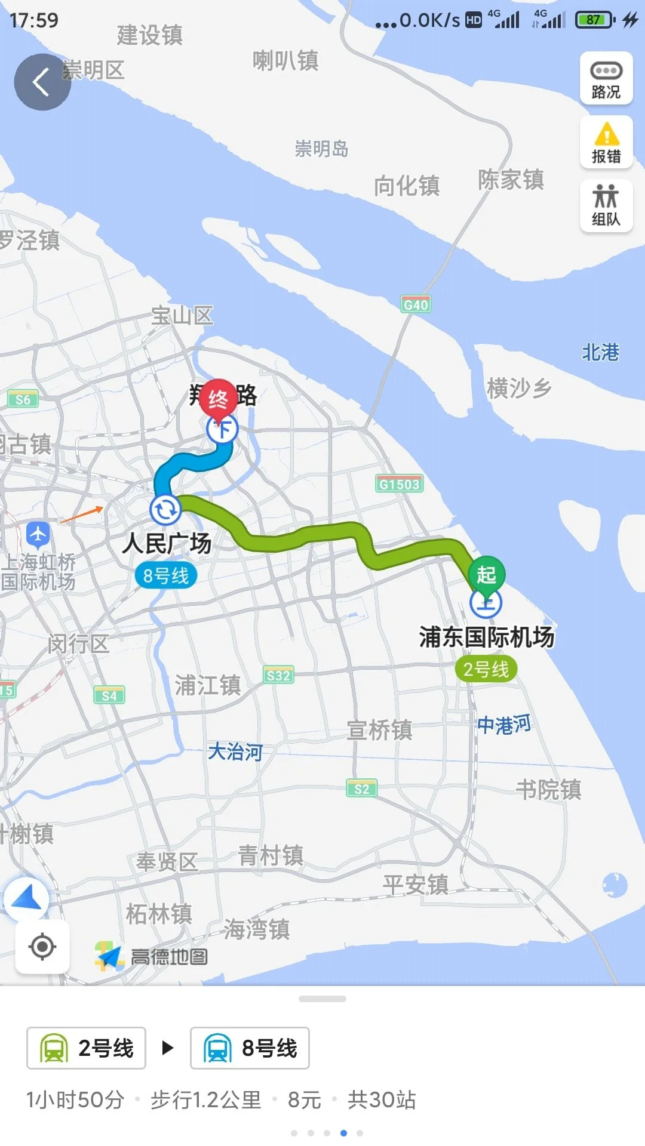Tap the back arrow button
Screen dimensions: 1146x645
coord(42,82)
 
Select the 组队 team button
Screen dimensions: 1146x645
coord(606,205)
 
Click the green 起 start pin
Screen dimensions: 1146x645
coord(486,575)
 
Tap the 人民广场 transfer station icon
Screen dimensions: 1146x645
coord(165,510)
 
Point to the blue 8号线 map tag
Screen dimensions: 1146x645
coord(166,576)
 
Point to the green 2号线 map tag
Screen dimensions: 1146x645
coord(486,669)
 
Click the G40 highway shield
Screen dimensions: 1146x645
coord(416,304)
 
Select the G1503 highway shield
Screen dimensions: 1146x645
coord(400,484)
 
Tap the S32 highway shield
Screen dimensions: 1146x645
coord(278,676)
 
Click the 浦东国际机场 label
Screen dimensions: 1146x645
coord(486,637)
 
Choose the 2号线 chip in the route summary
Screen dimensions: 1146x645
coord(86,1048)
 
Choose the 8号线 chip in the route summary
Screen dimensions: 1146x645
coord(250,1048)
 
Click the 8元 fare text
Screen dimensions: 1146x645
coord(305,1099)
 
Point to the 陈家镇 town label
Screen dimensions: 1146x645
coord(511,179)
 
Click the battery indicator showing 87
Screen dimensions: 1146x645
coord(595,20)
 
